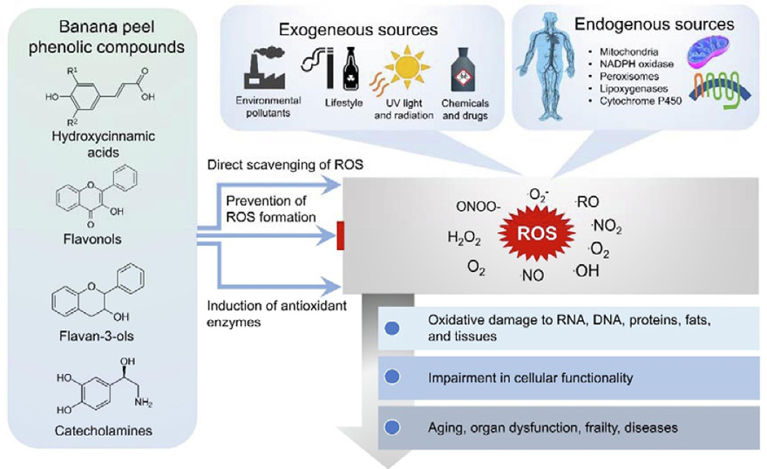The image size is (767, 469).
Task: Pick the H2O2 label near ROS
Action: click(465, 237)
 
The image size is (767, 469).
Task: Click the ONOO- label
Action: click(478, 207)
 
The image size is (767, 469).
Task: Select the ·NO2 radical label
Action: click(606, 227)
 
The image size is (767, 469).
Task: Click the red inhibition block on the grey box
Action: click(341, 234)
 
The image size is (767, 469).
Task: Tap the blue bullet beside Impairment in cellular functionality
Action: click(391, 377)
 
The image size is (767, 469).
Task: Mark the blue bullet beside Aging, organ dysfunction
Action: click(391, 427)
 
